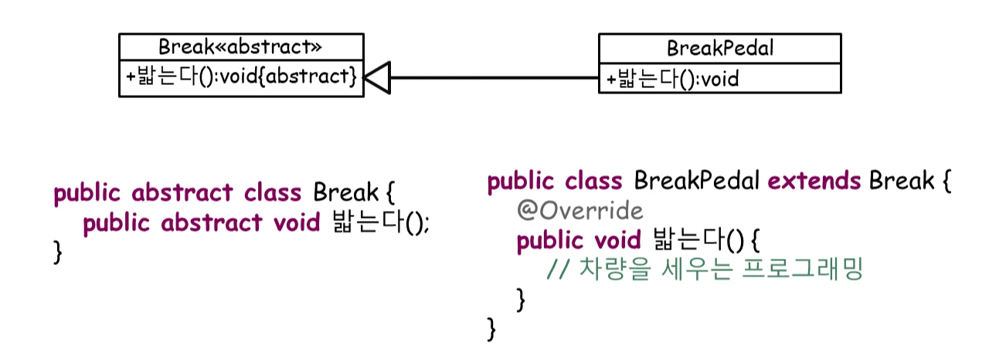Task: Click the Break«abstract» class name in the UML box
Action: point(240,46)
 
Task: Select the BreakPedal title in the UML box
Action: point(719,49)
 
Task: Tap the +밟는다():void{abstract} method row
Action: point(241,77)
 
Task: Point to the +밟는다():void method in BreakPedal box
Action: point(672,78)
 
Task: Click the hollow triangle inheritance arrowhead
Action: point(378,78)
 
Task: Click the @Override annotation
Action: point(579,211)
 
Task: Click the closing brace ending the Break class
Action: point(57,252)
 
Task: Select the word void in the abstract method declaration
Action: point(297,223)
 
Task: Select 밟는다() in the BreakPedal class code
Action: point(698,240)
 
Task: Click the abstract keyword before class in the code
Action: point(182,192)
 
